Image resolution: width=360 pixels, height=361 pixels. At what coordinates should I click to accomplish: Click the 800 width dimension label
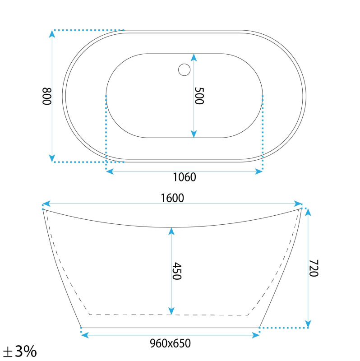pyautogui.click(x=47, y=96)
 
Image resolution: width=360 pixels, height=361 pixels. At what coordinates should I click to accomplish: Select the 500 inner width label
pyautogui.click(x=199, y=96)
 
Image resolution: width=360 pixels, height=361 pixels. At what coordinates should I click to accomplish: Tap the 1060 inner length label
pyautogui.click(x=185, y=177)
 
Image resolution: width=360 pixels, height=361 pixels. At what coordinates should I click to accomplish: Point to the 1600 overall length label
pyautogui.click(x=172, y=198)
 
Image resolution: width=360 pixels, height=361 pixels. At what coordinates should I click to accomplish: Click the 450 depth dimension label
pyautogui.click(x=177, y=271)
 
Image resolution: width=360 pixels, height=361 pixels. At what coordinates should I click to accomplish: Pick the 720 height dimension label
pyautogui.click(x=314, y=268)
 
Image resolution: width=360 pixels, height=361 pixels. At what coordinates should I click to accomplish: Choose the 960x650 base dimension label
pyautogui.click(x=170, y=343)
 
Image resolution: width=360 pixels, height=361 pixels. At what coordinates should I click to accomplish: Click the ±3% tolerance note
pyautogui.click(x=20, y=352)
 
